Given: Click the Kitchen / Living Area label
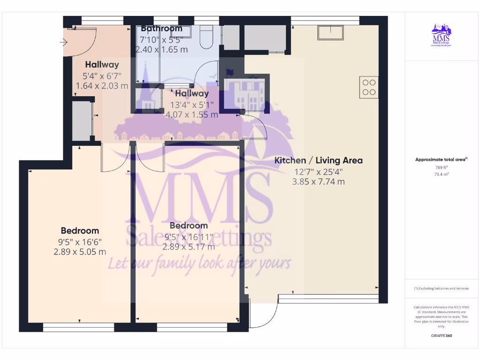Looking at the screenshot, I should click(318, 160).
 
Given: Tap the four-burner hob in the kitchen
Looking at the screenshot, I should click(369, 87).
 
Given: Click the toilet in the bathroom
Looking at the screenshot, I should click(207, 37).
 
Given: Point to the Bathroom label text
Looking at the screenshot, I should click(161, 29).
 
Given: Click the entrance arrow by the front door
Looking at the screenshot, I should click(63, 43).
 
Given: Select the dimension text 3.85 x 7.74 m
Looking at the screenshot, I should click(318, 181).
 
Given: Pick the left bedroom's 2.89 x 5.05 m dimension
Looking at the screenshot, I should click(80, 252).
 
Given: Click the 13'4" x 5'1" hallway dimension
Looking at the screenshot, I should click(192, 105).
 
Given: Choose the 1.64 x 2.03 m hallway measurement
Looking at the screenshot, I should click(102, 86).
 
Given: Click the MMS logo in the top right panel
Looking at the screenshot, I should click(441, 36).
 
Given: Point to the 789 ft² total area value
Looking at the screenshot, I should click(441, 167).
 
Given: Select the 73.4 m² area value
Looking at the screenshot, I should click(441, 174).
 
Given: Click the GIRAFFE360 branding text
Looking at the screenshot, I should click(441, 336).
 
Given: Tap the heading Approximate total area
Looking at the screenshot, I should click(441, 160).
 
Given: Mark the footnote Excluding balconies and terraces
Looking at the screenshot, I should click(441, 288).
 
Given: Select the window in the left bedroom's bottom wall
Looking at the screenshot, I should click(78, 327).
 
